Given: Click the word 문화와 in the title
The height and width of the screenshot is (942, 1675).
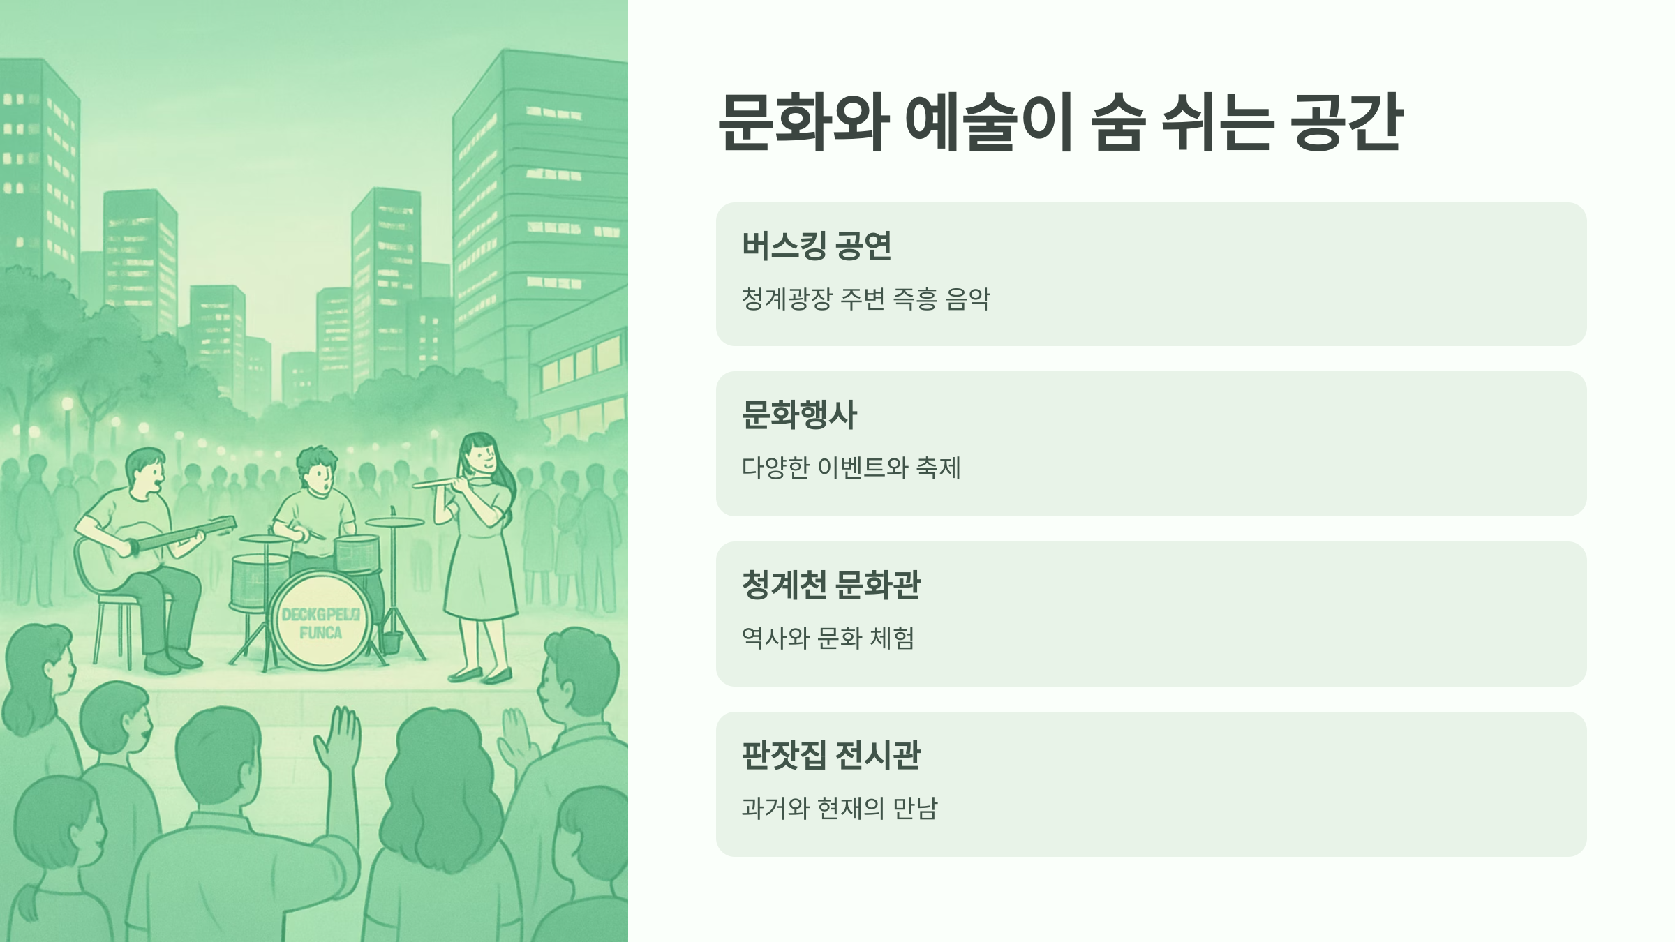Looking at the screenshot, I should tap(803, 122).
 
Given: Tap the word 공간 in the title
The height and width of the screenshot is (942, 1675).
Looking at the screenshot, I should tap(1346, 122).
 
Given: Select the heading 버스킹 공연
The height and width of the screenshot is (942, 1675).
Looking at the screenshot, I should tap(817, 246).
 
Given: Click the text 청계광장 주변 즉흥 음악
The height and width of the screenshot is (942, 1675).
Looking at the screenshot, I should tap(865, 299).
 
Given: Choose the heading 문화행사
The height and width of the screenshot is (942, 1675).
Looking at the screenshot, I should tap(799, 414).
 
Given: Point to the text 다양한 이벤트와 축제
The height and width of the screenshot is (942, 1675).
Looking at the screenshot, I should tap(851, 468).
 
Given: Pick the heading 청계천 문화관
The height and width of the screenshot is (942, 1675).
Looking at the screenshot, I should tap(831, 585).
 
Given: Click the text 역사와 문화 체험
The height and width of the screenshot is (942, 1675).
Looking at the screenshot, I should tap(828, 638).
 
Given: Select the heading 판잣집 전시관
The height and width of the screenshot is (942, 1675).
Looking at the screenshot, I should tap(831, 755).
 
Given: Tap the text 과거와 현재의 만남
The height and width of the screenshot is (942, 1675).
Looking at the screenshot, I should tap(840, 808).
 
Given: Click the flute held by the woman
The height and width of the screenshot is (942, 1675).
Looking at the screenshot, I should tap(440, 481).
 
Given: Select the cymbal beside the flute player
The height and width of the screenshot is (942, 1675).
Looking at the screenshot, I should tap(394, 522).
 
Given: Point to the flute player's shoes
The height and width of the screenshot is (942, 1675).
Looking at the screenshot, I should tap(482, 675).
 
